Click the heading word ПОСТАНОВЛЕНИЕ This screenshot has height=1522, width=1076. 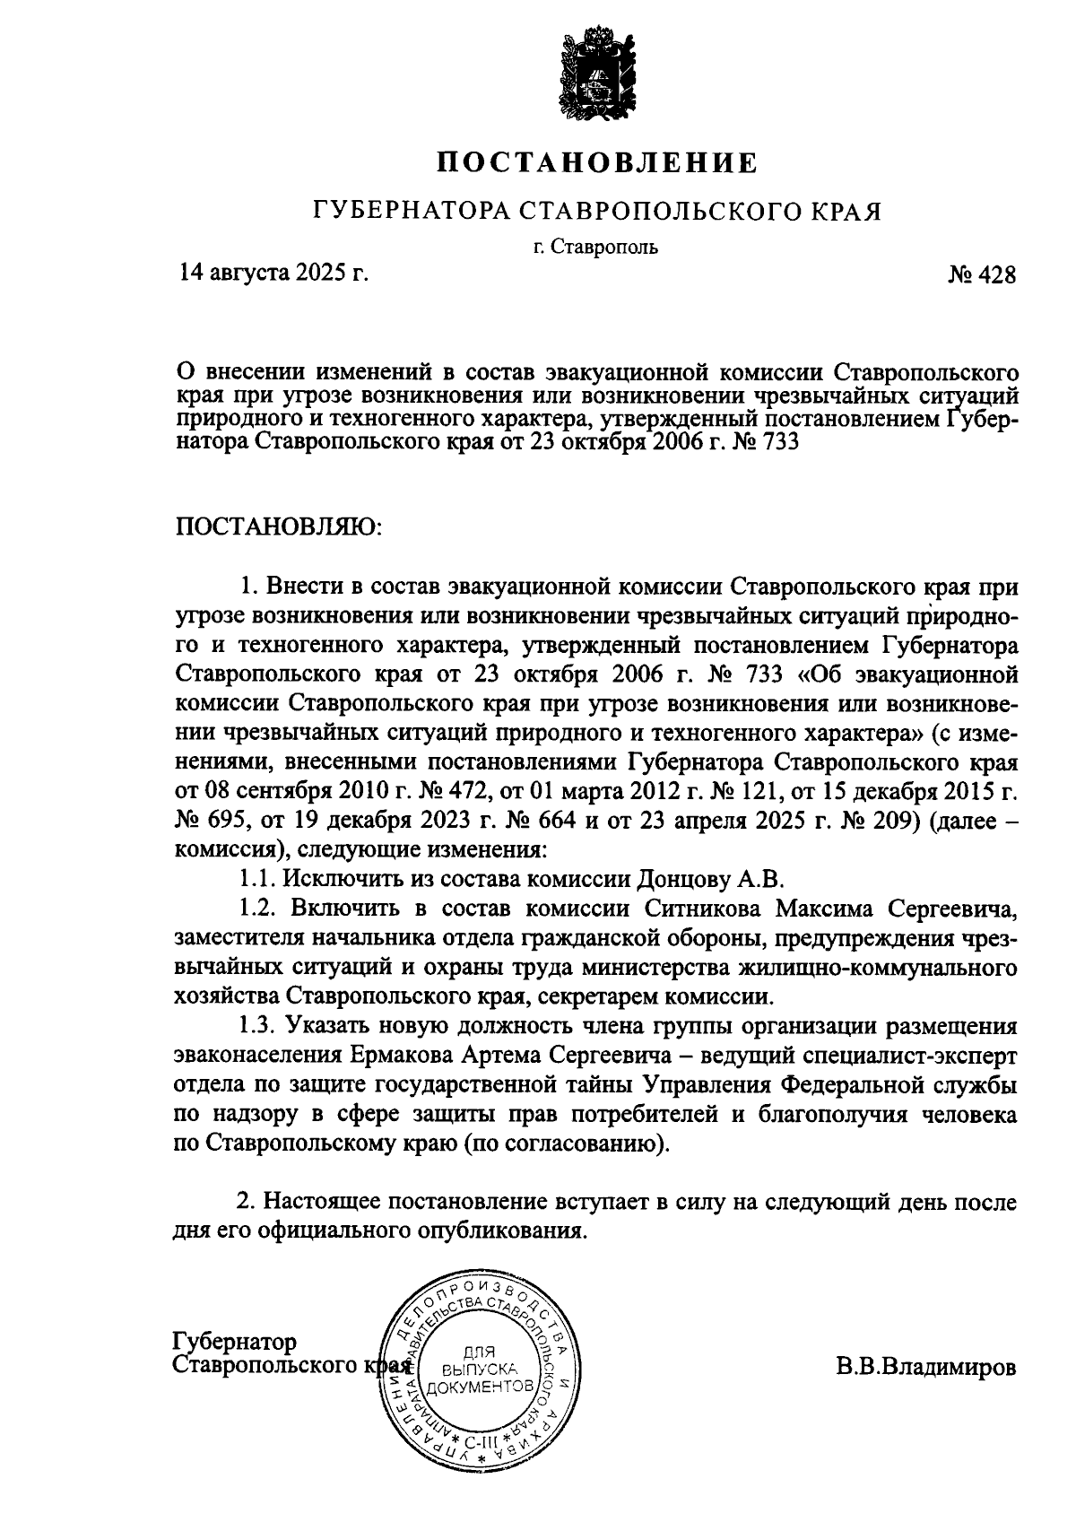coord(598,163)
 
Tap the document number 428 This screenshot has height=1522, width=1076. coord(997,275)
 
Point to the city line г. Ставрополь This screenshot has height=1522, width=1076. coord(594,247)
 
